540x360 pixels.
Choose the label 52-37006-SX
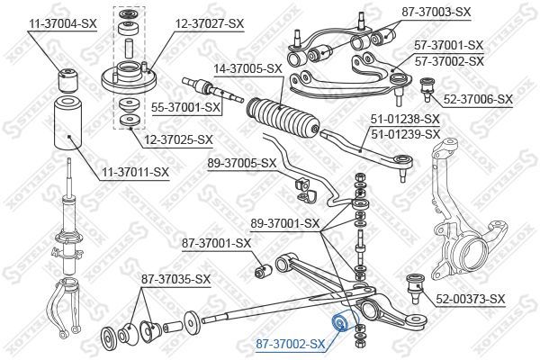477,98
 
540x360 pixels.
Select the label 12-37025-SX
178,139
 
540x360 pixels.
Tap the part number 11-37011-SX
135,171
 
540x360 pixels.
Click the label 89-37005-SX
241,163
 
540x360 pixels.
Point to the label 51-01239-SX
405,133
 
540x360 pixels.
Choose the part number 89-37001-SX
284,223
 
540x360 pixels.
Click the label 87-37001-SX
216,242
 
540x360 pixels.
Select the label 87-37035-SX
175,279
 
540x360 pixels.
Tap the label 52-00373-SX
471,299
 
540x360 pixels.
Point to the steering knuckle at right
468,225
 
